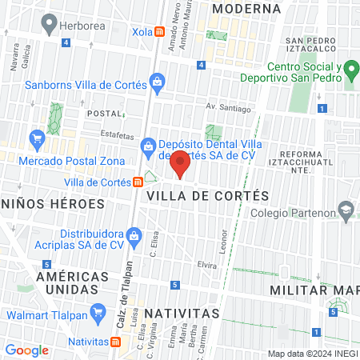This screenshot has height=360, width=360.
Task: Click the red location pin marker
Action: coord(180,163)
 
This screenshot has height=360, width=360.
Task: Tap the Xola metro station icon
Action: coord(160,32)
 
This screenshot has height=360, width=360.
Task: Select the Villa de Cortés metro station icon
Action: coord(138,182)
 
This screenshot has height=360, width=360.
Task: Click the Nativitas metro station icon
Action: coord(116,342)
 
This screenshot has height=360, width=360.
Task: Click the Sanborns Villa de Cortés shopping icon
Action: coord(158,82)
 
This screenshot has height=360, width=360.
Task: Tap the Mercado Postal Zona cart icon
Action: coord(36,139)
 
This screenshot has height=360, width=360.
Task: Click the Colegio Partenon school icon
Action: coord(345,212)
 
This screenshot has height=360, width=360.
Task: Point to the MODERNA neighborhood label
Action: coord(248,8)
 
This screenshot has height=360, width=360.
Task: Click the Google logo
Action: coord(27,350)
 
